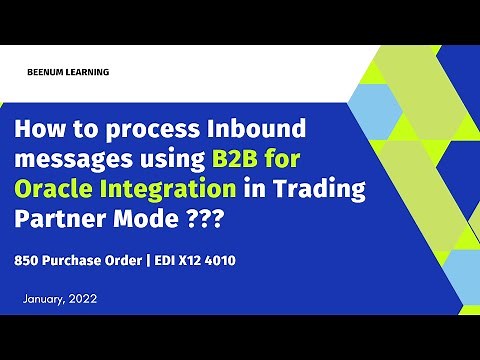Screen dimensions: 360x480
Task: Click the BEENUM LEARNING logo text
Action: pyautogui.click(x=70, y=72)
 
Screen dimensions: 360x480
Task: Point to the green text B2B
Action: pyautogui.click(x=232, y=160)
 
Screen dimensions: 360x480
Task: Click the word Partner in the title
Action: pyautogui.click(x=62, y=217)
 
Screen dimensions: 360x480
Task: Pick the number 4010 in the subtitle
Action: pyautogui.click(x=225, y=259)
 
